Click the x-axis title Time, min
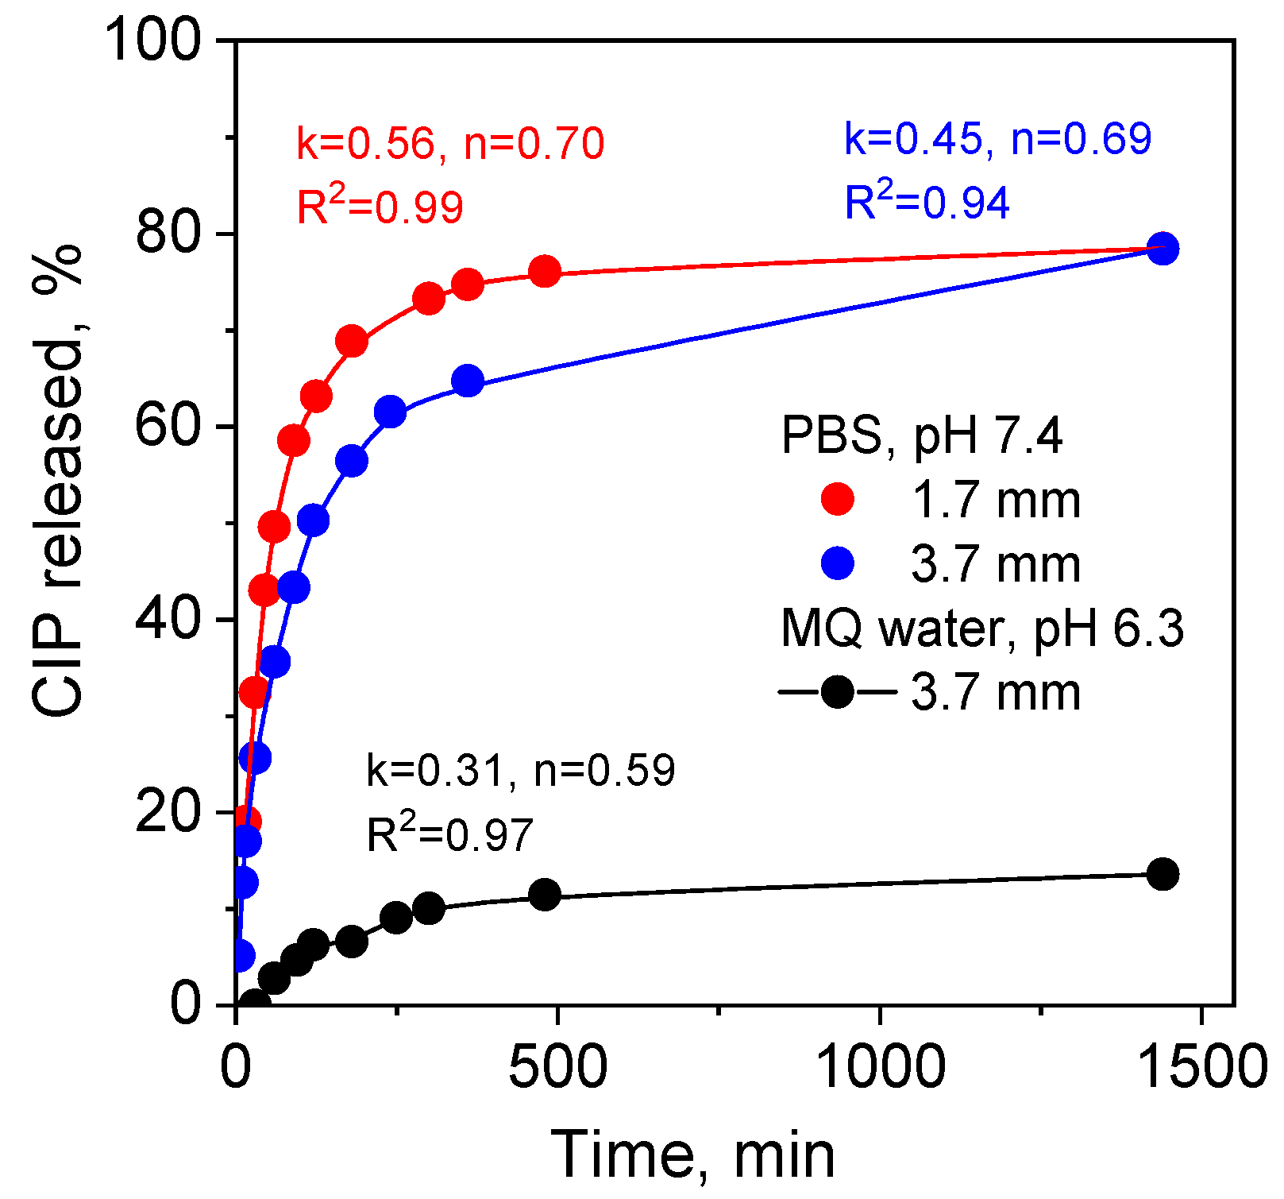692,1155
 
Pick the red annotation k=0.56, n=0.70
450,144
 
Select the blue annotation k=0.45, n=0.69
997,138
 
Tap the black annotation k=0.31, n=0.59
520,770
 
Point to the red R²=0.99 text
380,207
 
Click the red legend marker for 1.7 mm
837,500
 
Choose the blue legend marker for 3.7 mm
837,564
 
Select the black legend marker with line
837,692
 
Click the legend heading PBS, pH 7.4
921,435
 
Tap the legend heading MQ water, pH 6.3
982,629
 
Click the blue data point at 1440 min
1163,249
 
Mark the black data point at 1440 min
1163,874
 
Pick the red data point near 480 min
545,272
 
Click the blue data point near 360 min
468,381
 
